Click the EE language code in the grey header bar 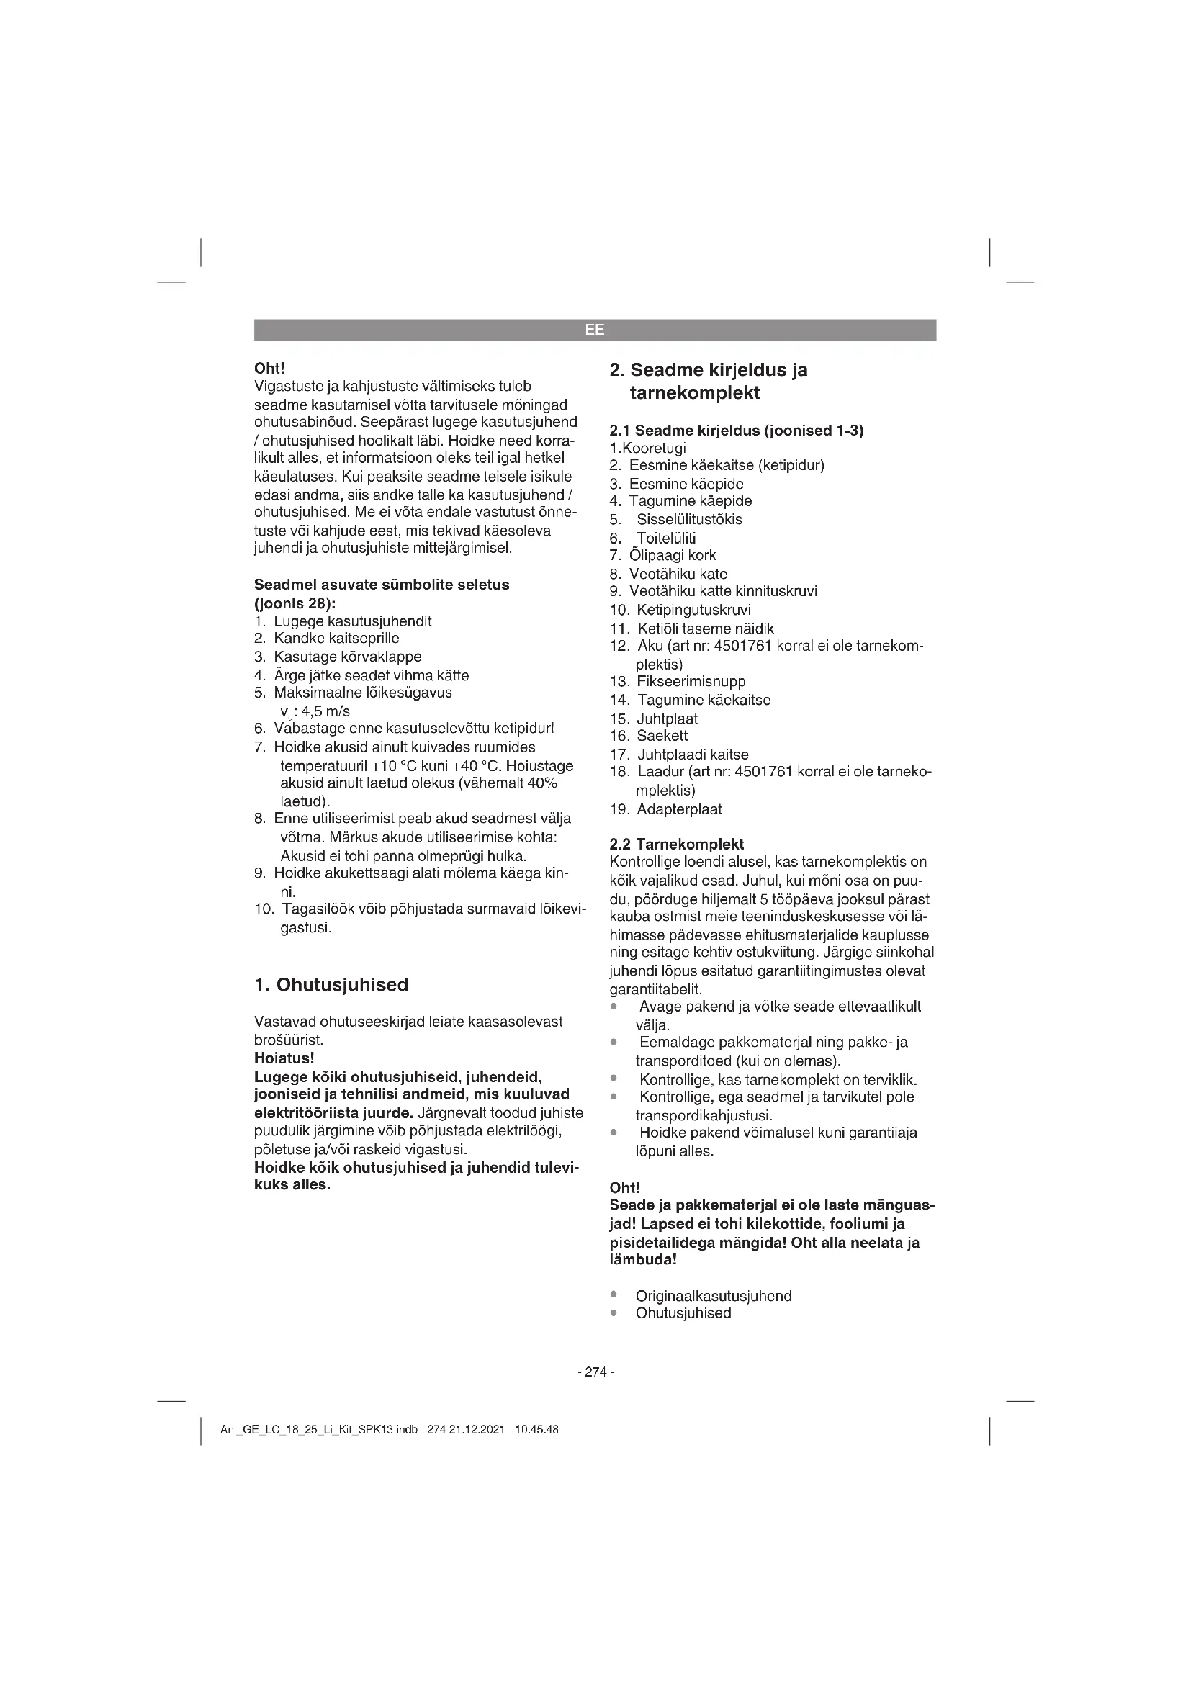click(595, 330)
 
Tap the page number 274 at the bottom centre click(595, 1372)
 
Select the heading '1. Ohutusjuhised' click(331, 984)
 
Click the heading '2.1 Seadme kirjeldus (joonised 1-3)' click(737, 431)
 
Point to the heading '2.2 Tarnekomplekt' click(676, 844)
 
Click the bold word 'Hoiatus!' click(284, 1058)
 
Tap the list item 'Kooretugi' click(653, 448)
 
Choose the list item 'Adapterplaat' click(679, 809)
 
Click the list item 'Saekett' click(662, 736)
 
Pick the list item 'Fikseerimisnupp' click(691, 681)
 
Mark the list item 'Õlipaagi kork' click(673, 555)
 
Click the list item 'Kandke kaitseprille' click(336, 638)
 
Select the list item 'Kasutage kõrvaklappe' click(348, 657)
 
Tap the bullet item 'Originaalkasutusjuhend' click(713, 1296)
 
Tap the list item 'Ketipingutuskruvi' click(693, 610)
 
